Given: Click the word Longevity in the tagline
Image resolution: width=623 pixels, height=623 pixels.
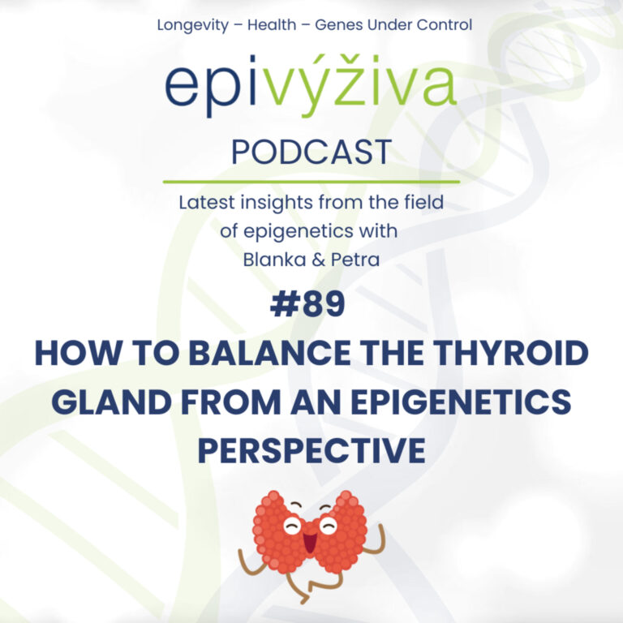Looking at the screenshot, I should pos(192,25).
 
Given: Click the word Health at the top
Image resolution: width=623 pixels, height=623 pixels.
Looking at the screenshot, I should pos(273,25).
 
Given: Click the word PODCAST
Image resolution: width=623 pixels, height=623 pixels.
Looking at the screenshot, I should pos(311,152).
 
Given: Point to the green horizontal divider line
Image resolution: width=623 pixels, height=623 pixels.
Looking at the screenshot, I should pos(311,182).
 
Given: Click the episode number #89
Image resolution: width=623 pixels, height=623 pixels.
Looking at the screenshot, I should pos(311,304).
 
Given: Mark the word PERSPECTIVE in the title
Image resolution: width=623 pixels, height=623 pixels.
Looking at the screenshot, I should pos(311,449).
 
